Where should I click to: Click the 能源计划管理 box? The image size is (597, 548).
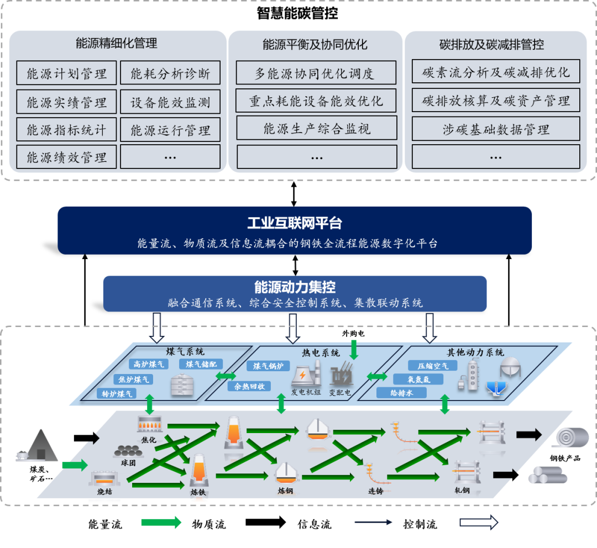pyautogui.click(x=66, y=73)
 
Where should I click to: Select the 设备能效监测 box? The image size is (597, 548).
pyautogui.click(x=170, y=102)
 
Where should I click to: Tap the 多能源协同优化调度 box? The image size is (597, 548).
pyautogui.click(x=316, y=73)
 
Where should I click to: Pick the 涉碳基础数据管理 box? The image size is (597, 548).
pyautogui.click(x=496, y=129)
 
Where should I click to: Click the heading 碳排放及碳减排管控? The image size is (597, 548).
pyautogui.click(x=491, y=45)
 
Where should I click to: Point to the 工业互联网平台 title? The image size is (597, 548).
pyautogui.click(x=295, y=223)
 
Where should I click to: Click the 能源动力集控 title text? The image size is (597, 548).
pyautogui.click(x=295, y=287)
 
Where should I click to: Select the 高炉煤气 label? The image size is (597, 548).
pyautogui.click(x=149, y=364)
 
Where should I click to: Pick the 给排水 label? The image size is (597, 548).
pyautogui.click(x=401, y=393)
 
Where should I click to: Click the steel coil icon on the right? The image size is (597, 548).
pyautogui.click(x=573, y=436)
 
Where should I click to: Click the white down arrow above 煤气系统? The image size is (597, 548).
pyautogui.click(x=157, y=328)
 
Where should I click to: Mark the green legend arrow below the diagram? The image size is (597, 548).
pyautogui.click(x=161, y=522)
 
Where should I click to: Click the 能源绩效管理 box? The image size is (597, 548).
pyautogui.click(x=66, y=157)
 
